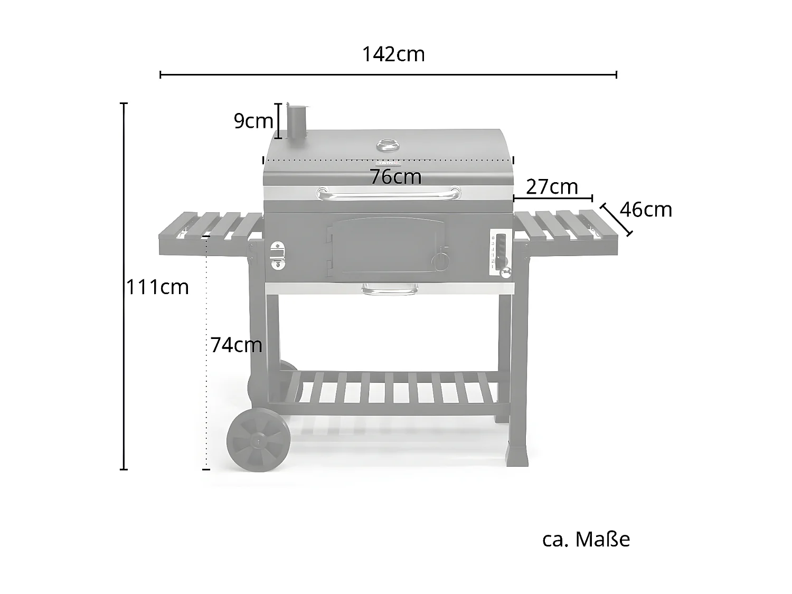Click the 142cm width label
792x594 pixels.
(x=393, y=54)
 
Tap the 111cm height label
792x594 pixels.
(x=157, y=287)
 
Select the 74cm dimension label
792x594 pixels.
(x=236, y=345)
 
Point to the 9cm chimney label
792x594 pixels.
(x=253, y=121)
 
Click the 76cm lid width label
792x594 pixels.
(x=395, y=177)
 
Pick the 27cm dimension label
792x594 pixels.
(x=552, y=187)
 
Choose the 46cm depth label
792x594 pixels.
(x=646, y=210)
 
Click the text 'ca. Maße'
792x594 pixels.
(x=586, y=540)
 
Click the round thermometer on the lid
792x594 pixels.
(x=389, y=144)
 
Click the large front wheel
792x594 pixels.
(x=258, y=439)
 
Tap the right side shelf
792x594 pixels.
(x=566, y=232)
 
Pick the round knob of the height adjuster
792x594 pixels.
(x=506, y=272)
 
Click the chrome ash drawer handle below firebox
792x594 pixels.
(x=389, y=289)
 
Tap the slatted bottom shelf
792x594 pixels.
(x=388, y=391)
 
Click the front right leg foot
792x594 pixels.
(x=516, y=455)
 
